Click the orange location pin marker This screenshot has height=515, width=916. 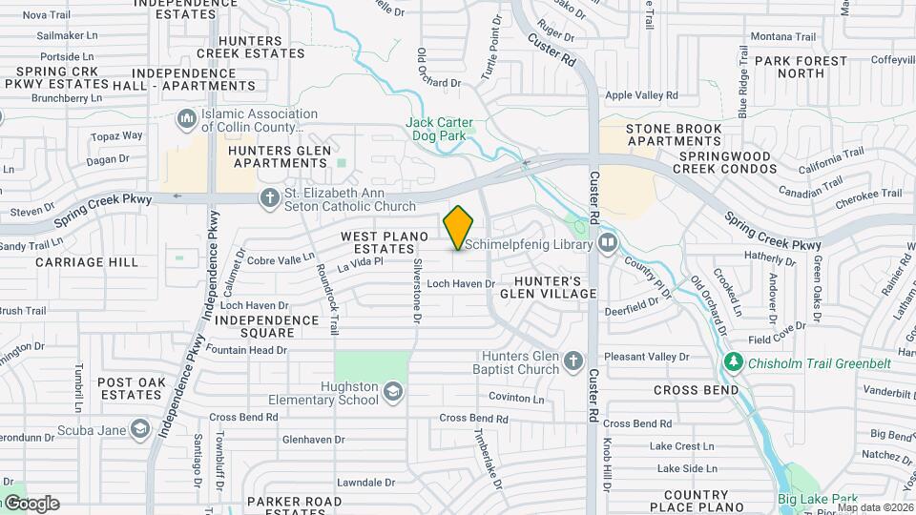pyautogui.click(x=458, y=228)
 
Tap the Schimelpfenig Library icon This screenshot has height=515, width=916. pyautogui.click(x=608, y=243)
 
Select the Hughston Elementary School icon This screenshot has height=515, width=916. pyautogui.click(x=392, y=392)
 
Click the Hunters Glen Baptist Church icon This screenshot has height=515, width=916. pyautogui.click(x=572, y=360)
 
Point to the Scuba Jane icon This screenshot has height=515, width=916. pyautogui.click(x=140, y=428)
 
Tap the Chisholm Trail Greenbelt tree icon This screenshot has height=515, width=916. pyautogui.click(x=733, y=362)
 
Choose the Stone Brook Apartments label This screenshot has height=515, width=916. pyautogui.click(x=674, y=134)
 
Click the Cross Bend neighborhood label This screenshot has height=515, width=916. pyautogui.click(x=696, y=390)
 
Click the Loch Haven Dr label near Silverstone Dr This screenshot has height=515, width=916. pyautogui.click(x=461, y=283)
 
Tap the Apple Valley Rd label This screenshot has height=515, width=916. pyautogui.click(x=641, y=95)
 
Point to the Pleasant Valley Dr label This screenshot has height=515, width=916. pyautogui.click(x=646, y=357)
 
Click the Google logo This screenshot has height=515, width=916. pyautogui.click(x=31, y=504)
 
